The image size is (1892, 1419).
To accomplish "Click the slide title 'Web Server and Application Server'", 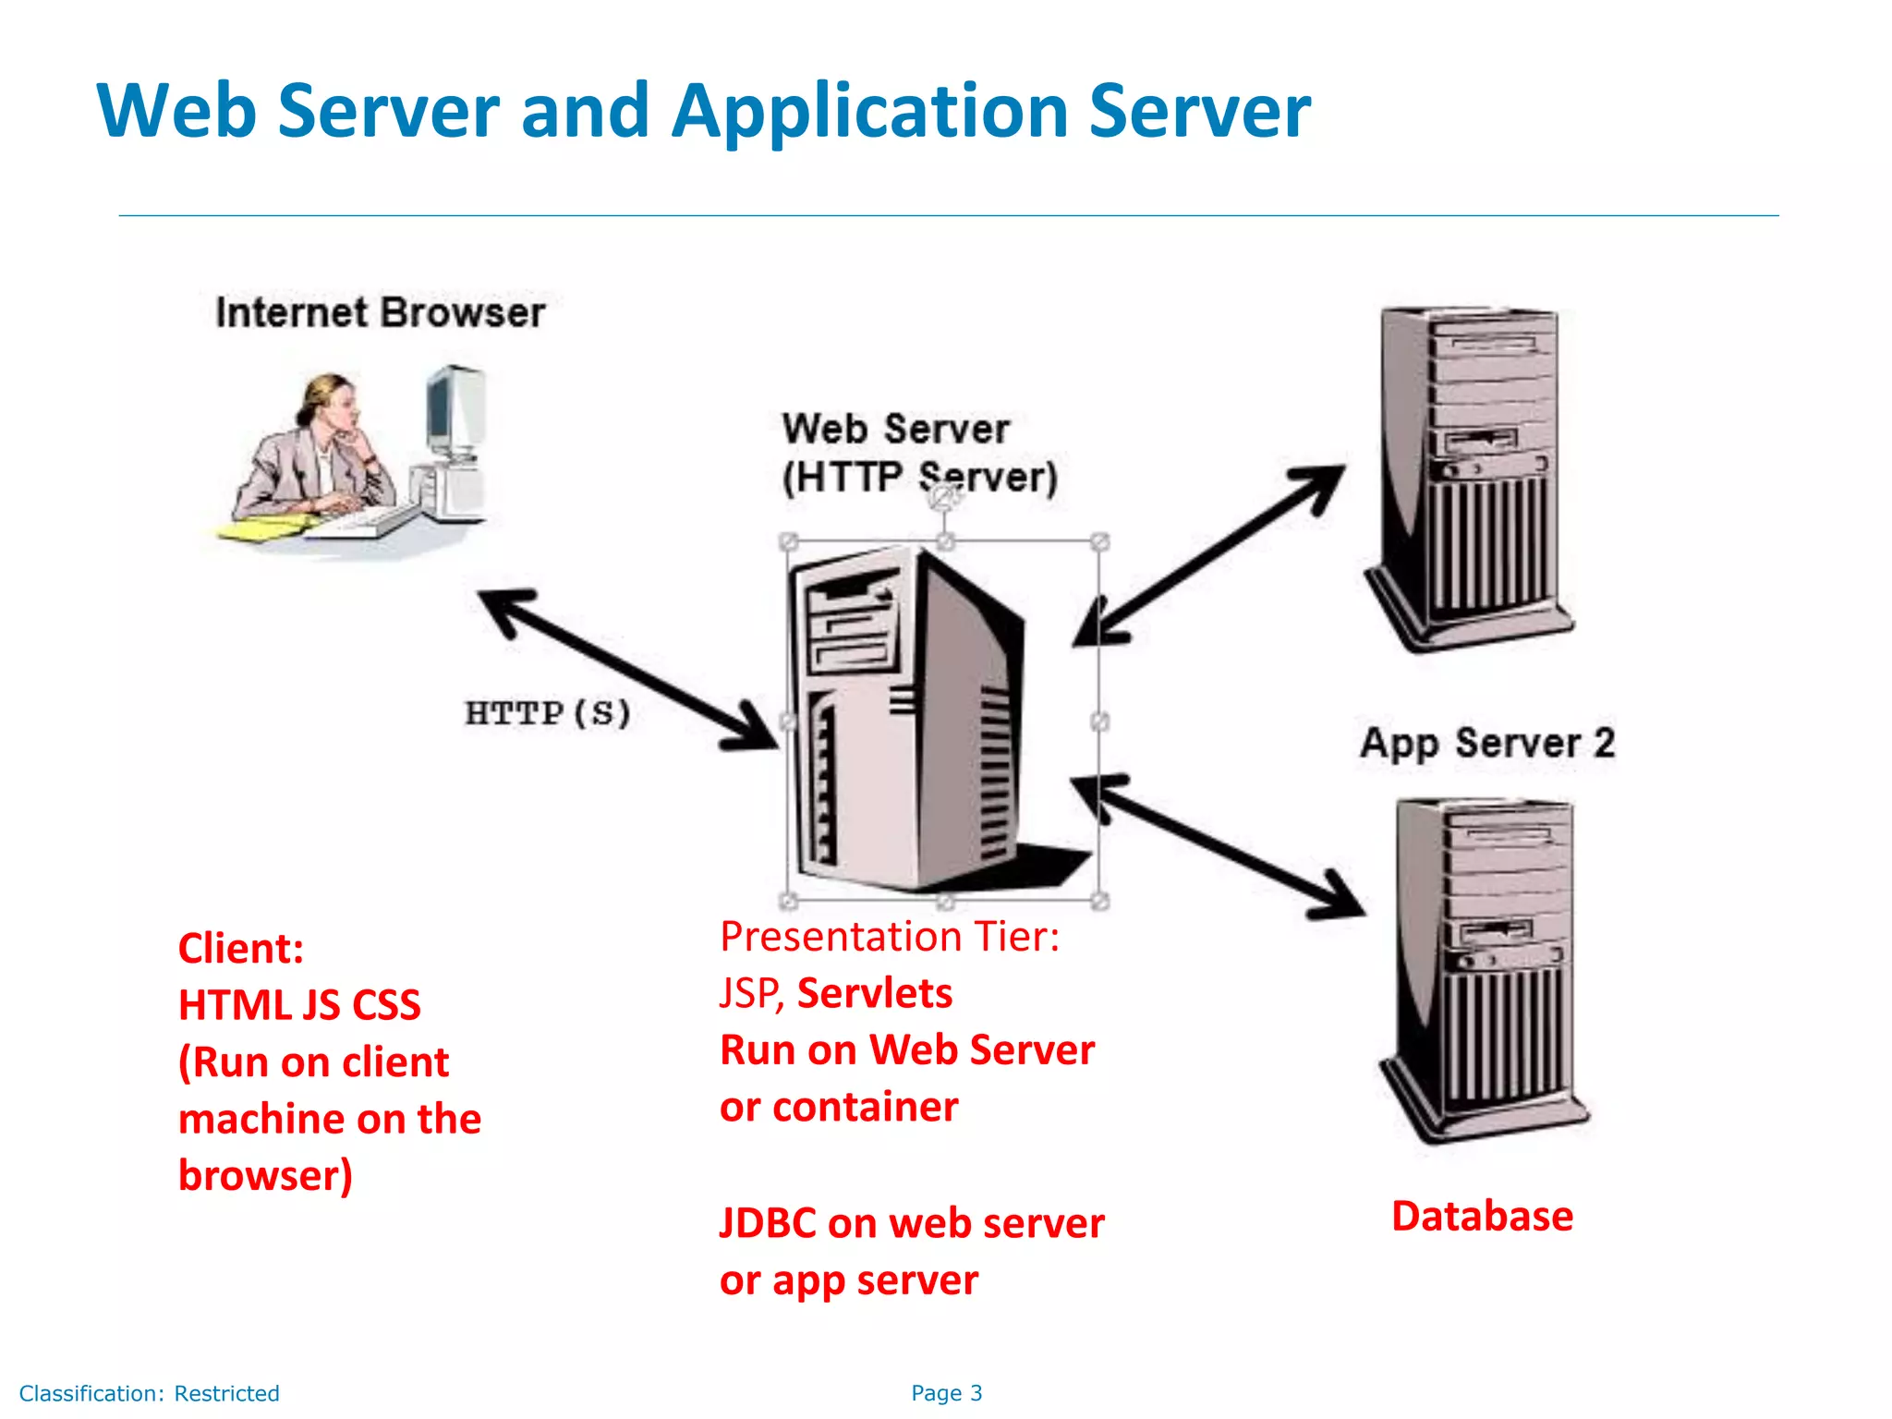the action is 704,111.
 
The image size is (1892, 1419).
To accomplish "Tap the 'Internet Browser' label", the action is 381,312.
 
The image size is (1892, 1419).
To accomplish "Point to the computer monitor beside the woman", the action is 455,411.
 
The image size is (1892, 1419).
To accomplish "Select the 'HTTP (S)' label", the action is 548,713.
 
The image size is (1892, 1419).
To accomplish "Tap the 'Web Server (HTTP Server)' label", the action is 920,454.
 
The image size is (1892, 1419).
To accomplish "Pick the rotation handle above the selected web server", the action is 943,499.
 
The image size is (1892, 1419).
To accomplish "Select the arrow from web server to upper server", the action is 1208,554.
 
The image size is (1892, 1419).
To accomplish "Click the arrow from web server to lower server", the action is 1218,846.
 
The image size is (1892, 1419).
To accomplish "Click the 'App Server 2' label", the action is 1487,744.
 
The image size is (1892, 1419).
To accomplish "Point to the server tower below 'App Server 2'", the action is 1484,970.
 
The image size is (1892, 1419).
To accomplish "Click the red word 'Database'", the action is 1483,1216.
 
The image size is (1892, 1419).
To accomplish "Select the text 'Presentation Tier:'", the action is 890,937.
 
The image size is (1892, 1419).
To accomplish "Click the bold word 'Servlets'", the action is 875,993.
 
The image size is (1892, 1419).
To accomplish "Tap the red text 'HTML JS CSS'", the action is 299,1005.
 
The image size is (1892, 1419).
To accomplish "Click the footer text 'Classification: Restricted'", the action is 150,1393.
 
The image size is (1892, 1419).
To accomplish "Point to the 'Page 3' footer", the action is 947,1393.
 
